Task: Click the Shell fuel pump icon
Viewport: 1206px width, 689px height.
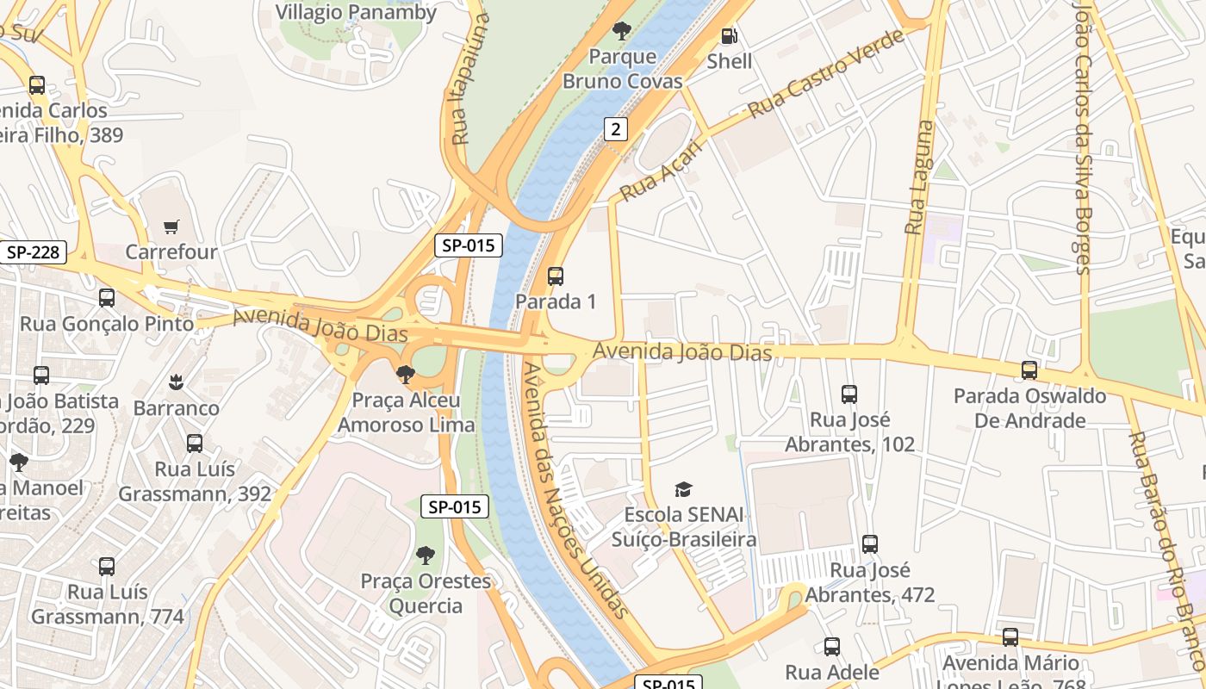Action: point(729,36)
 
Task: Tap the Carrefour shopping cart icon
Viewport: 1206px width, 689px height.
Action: point(171,227)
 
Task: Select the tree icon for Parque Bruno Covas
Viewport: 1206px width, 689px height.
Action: point(621,32)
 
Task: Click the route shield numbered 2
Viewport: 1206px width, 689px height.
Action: point(615,129)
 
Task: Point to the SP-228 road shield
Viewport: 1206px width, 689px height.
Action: point(33,252)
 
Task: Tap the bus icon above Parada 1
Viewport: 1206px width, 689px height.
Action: point(556,276)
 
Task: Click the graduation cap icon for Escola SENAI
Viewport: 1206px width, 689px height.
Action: point(683,490)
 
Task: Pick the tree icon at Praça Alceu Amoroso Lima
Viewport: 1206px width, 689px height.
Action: point(405,375)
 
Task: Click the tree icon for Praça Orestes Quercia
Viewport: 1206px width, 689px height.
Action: point(425,556)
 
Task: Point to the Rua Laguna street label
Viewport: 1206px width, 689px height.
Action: point(919,177)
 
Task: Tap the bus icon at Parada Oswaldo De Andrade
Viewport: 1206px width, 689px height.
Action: point(1029,370)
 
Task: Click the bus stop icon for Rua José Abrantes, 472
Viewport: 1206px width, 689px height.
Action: point(870,544)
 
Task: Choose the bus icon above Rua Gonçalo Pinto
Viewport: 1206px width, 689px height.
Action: point(107,298)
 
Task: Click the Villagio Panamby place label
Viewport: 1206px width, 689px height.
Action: point(356,12)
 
